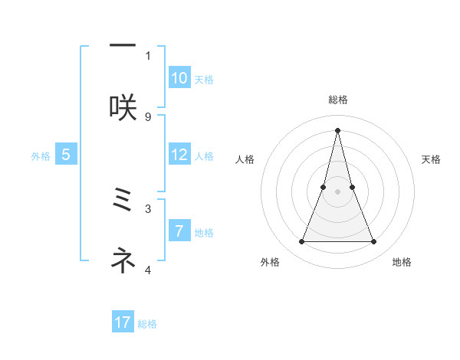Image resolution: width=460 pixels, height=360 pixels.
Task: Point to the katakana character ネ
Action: click(123, 261)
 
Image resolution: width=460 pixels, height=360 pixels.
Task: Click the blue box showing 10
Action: click(179, 78)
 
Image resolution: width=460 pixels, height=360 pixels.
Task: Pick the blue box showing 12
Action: click(179, 155)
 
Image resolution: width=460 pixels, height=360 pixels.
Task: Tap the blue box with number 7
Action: click(179, 231)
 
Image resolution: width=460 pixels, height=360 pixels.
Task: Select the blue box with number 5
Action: click(66, 155)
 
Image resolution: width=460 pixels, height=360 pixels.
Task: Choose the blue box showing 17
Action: click(123, 322)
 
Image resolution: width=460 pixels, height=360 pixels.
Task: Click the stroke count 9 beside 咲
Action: click(148, 116)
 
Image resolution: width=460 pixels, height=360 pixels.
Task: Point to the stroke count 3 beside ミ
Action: click(148, 208)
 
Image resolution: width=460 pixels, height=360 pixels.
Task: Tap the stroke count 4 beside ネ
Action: click(148, 270)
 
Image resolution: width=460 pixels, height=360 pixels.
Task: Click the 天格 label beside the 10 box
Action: click(204, 80)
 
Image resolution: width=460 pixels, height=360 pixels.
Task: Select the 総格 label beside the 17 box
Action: click(147, 324)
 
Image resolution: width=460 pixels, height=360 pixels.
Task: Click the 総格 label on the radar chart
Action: click(337, 100)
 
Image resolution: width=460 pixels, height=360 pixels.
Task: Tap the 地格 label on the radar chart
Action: click(402, 263)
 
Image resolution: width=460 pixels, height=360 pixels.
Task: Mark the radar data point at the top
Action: click(337, 129)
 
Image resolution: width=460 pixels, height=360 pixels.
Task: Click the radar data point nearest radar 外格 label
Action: click(301, 242)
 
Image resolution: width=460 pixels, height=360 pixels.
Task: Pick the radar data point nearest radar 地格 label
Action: click(374, 242)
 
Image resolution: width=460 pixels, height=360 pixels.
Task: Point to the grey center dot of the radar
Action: click(337, 191)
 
